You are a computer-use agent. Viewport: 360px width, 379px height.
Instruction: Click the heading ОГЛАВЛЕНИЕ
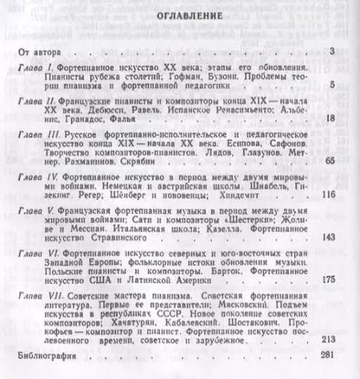point(179,16)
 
